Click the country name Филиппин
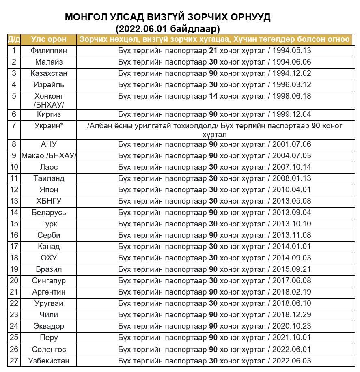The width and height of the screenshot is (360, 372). tap(49, 51)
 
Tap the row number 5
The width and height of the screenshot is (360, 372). tap(14, 96)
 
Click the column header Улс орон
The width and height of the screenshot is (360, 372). tap(49, 39)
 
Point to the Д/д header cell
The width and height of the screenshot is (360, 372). tap(14, 39)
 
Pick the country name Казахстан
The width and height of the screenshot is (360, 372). tap(49, 73)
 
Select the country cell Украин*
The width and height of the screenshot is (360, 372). tap(49, 125)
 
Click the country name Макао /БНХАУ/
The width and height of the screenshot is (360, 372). tap(49, 156)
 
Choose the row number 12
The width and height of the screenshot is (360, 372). tap(14, 190)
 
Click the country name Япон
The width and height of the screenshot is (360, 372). tap(49, 190)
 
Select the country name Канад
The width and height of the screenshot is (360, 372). tap(49, 247)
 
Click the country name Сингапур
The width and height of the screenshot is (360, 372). tap(49, 281)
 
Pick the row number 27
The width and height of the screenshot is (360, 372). tap(14, 361)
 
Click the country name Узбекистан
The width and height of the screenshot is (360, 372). tap(49, 361)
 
